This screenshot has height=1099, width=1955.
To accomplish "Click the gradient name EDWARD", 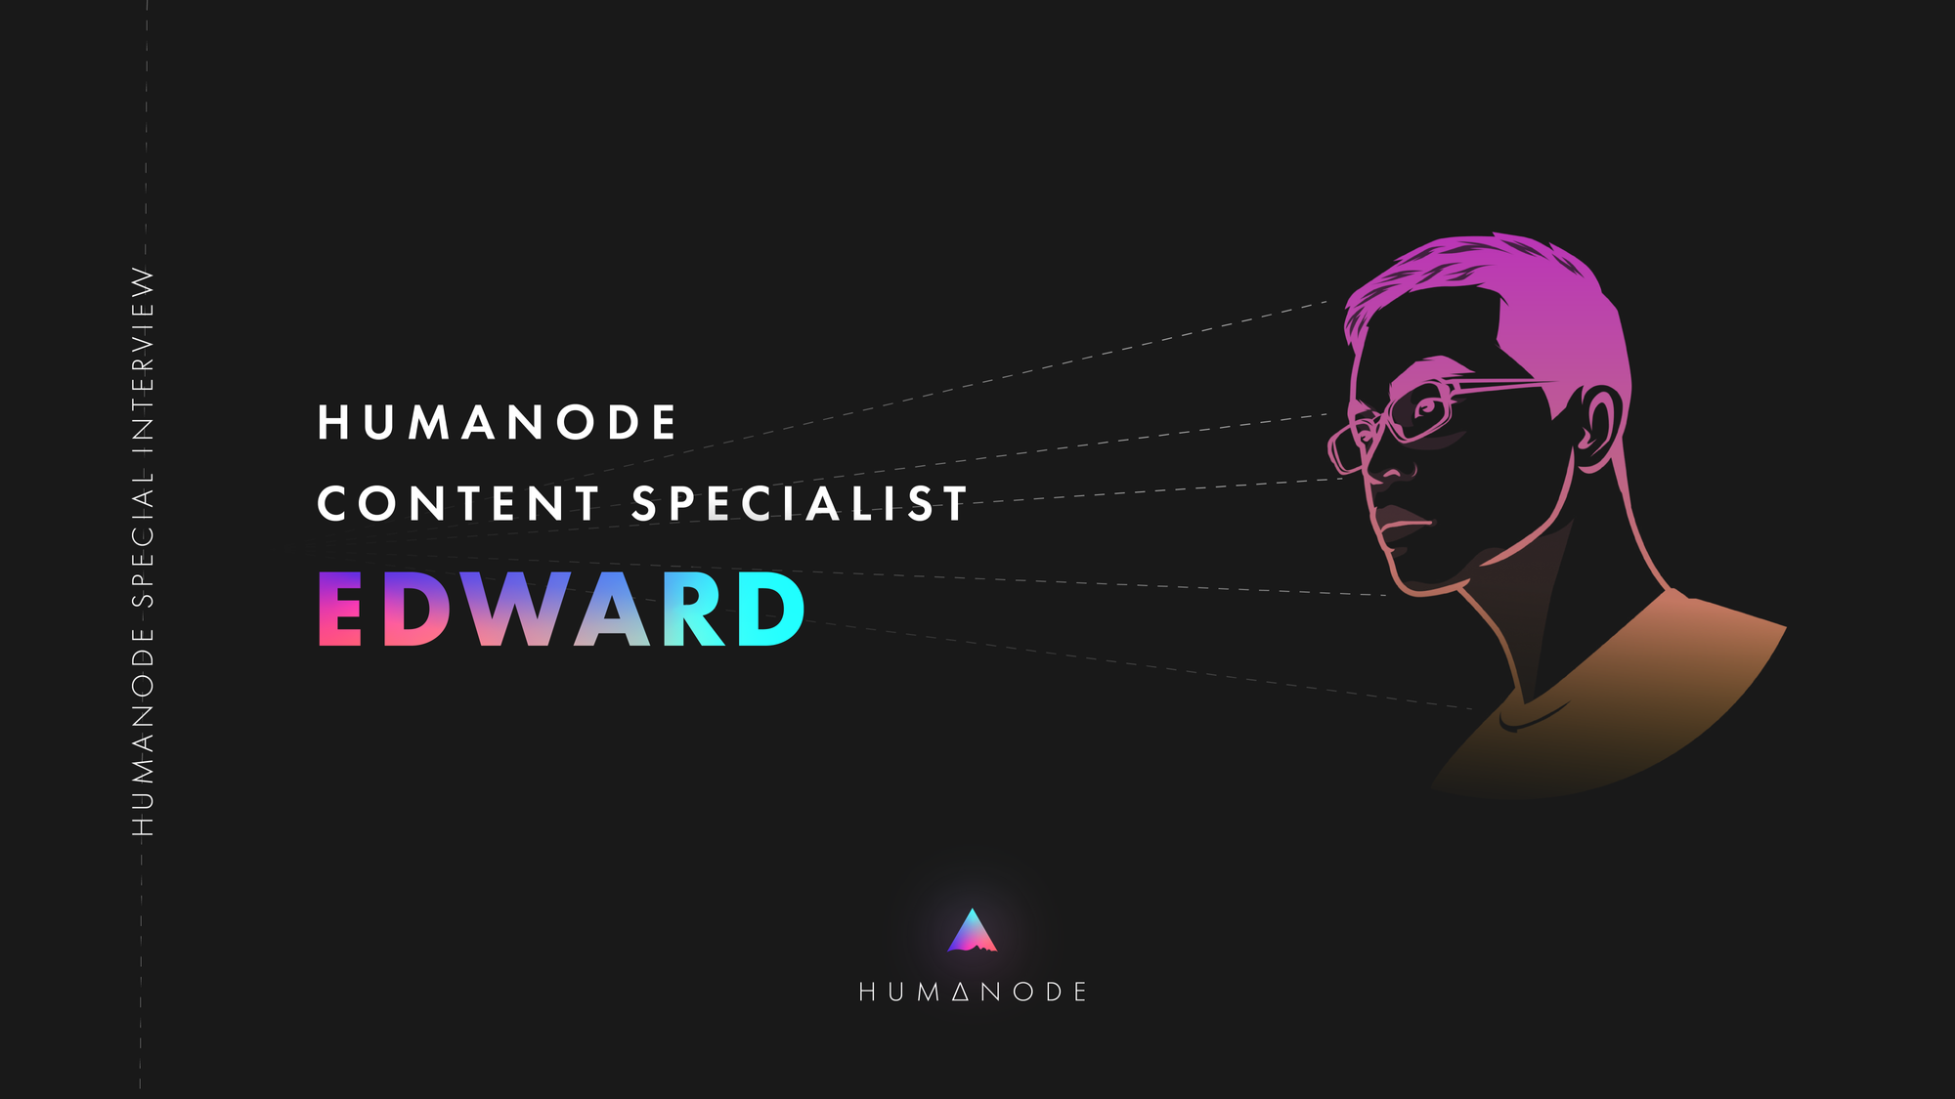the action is pos(561,609).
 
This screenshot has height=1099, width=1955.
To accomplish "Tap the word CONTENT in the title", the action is pos(457,504).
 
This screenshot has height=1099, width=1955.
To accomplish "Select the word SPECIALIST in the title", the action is pos(800,504).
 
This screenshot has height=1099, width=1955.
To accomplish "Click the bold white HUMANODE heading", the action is pos(497,422).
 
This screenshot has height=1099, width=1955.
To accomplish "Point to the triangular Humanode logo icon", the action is pos(972,930).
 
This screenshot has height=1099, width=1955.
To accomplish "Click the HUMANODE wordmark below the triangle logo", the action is pos(973,993).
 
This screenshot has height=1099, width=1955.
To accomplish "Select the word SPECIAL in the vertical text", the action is pos(144,538).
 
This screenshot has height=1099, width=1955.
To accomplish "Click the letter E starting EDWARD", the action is pos(340,609).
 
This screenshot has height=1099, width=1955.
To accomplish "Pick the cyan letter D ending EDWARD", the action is pos(770,609).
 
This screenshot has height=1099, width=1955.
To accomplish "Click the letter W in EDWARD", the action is pos(513,609).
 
